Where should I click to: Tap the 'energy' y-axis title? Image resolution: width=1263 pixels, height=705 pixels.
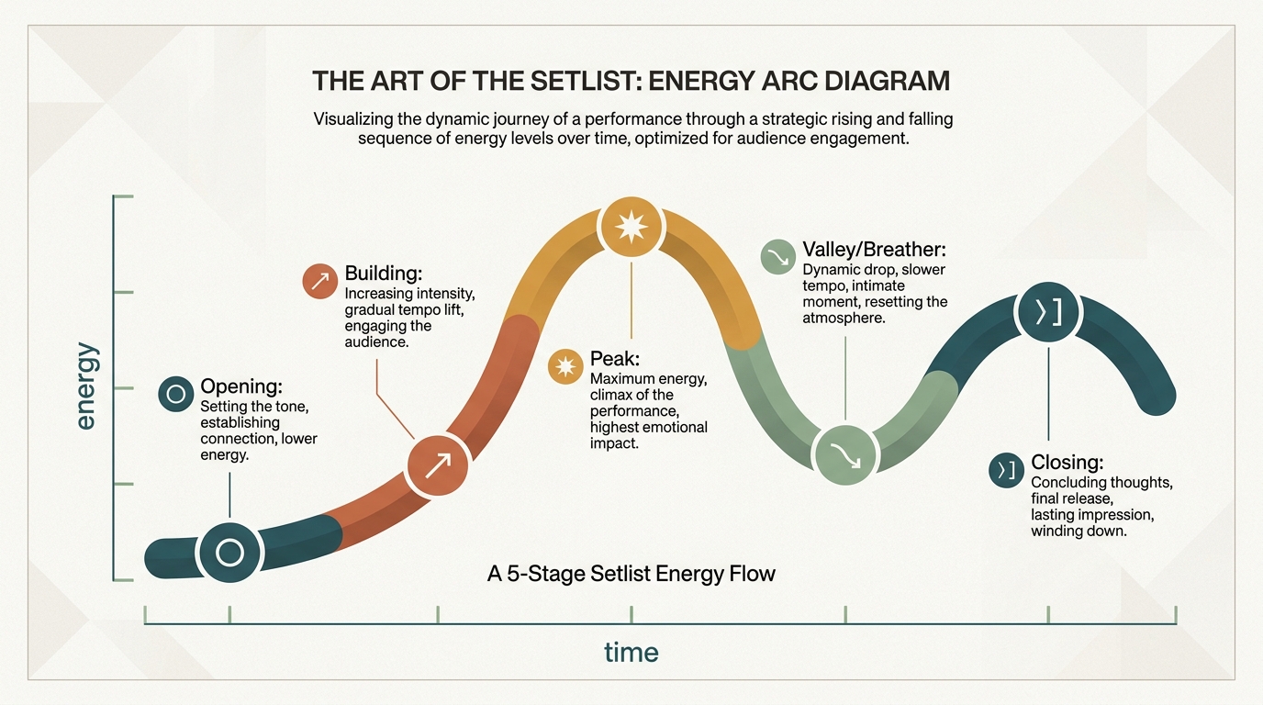85,386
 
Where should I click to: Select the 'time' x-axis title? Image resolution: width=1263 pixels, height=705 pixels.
631,653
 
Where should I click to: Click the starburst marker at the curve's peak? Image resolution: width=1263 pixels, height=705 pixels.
631,227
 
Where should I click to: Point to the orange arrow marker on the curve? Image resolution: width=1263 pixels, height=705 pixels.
438,465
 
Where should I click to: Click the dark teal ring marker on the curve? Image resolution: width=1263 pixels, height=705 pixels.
230,552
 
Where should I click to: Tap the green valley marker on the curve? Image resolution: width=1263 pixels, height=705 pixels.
845,454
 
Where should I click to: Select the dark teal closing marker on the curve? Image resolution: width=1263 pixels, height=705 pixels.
1049,312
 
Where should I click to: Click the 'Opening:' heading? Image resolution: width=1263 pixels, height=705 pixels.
241,386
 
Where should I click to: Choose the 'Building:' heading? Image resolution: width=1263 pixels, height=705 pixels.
384,274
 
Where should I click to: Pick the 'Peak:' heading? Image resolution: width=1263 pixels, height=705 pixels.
615,359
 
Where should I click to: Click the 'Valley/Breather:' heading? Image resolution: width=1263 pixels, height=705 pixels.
875,250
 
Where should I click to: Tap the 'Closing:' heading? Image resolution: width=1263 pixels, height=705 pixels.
1067,463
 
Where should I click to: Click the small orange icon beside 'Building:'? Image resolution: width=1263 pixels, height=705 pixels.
320,281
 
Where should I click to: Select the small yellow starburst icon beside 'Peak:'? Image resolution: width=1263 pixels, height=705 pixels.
565,366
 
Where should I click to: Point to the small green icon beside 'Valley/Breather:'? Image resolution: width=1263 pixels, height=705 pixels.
778,257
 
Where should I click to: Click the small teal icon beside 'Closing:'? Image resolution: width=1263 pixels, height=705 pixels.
1006,470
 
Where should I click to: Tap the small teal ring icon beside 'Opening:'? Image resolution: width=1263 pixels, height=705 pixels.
176,394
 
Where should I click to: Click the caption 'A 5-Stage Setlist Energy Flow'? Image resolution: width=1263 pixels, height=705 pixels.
631,574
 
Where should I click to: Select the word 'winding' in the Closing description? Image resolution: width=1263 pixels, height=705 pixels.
1056,532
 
